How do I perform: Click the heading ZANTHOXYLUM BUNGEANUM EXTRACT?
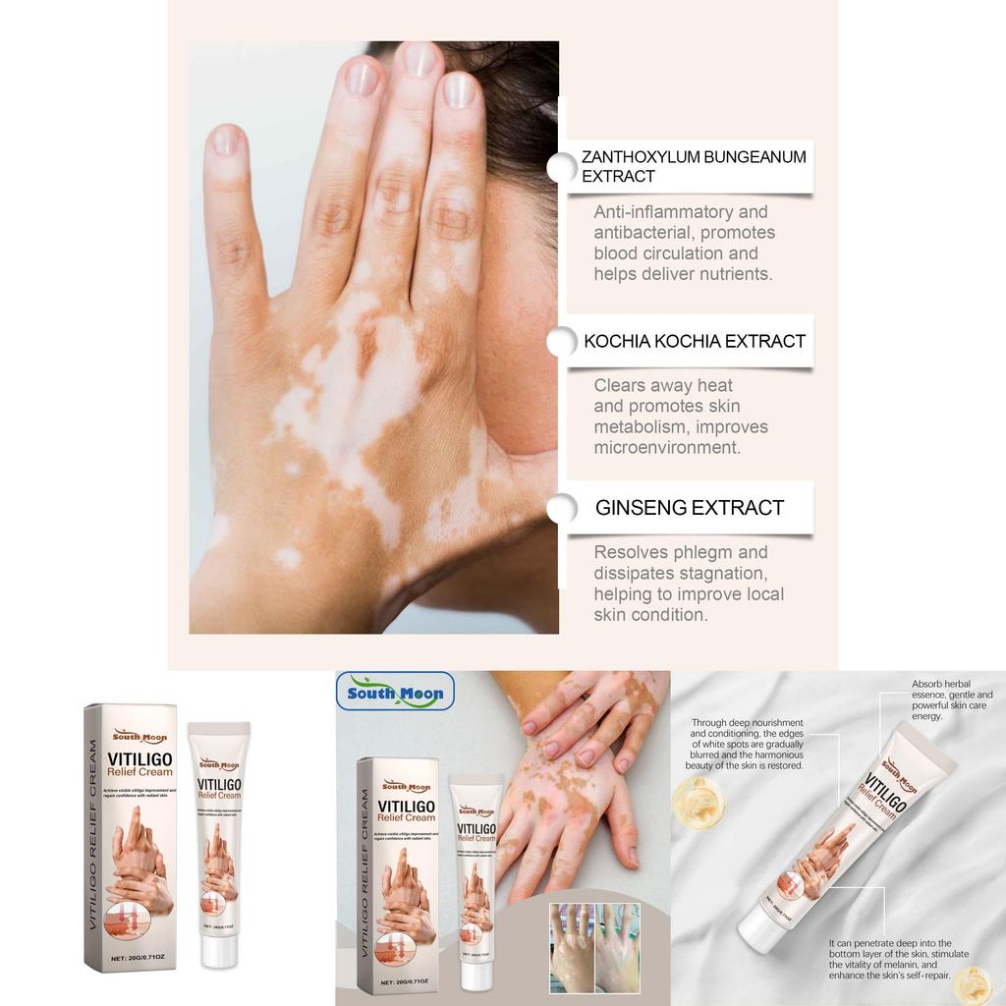click(693, 166)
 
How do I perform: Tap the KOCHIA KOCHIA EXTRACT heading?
click(694, 341)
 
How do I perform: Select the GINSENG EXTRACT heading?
click(690, 508)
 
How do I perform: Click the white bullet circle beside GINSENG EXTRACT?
click(562, 508)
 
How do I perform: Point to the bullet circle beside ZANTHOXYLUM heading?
click(562, 167)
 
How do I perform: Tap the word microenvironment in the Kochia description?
click(666, 448)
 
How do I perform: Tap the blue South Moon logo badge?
click(395, 692)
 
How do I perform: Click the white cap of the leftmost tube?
click(218, 732)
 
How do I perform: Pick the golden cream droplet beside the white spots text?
click(699, 803)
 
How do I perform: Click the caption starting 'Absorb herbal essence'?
click(951, 699)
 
